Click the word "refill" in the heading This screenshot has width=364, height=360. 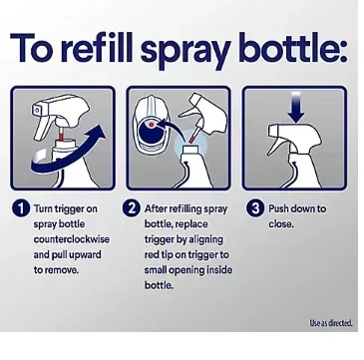(x=97, y=47)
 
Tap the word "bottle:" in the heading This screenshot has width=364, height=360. (x=293, y=47)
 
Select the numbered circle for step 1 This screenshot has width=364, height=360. (x=21, y=209)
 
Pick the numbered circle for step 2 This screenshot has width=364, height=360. (x=132, y=208)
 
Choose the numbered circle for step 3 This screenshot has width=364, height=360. (x=255, y=208)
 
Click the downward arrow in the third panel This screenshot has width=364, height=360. (x=296, y=108)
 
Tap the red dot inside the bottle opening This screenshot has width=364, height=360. (x=151, y=125)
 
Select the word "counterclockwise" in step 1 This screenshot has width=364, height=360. (x=71, y=239)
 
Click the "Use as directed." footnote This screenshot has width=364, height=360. (x=331, y=323)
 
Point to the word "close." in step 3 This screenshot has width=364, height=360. (x=281, y=224)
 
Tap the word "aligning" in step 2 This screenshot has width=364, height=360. (x=205, y=240)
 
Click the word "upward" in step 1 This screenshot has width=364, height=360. (x=85, y=255)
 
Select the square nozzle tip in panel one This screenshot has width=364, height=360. (x=37, y=109)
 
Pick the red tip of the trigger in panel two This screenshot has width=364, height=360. (x=191, y=137)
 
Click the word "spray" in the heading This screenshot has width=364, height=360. (x=184, y=51)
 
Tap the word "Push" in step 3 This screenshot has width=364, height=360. (x=278, y=208)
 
